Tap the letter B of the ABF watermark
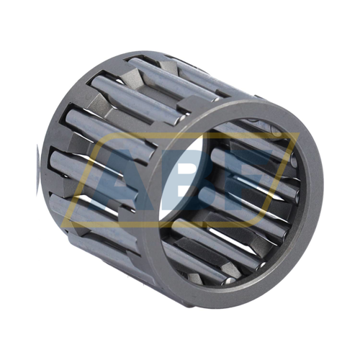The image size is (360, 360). click(x=185, y=180)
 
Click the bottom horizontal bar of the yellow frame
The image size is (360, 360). click(x=158, y=224)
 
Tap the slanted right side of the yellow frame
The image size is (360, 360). click(x=279, y=180)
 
